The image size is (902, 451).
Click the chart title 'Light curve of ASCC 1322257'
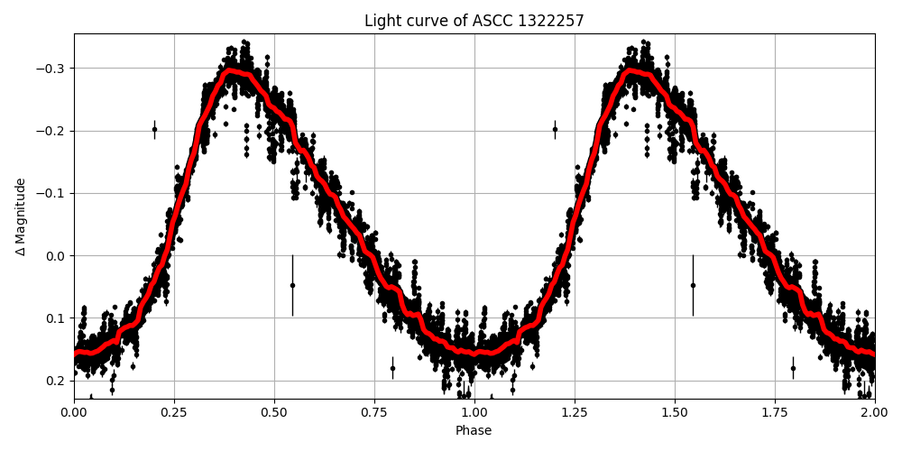(x=474, y=21)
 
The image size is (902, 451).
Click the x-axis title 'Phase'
(x=474, y=431)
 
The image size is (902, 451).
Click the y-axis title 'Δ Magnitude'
(x=21, y=216)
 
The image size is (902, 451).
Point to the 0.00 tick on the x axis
(x=74, y=413)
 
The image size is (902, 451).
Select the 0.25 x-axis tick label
(x=174, y=413)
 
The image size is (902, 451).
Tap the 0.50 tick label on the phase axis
(x=274, y=413)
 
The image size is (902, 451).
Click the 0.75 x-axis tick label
(x=374, y=413)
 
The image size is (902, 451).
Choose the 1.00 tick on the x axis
(x=474, y=413)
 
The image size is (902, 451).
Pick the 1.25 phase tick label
(x=575, y=413)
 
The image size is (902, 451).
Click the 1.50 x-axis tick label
(x=675, y=413)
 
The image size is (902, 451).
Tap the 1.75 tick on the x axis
(x=775, y=413)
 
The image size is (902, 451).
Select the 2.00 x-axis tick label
(x=874, y=413)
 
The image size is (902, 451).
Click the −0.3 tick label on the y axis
(x=52, y=69)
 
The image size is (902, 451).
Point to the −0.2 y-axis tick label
(x=52, y=131)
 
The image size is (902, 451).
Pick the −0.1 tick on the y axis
(x=52, y=193)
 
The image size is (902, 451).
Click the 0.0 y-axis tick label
(x=57, y=255)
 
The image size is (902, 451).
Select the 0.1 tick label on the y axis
(x=57, y=318)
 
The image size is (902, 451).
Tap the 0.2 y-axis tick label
(x=57, y=380)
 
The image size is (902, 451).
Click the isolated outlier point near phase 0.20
(x=154, y=129)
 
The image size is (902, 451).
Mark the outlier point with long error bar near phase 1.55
(x=693, y=285)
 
